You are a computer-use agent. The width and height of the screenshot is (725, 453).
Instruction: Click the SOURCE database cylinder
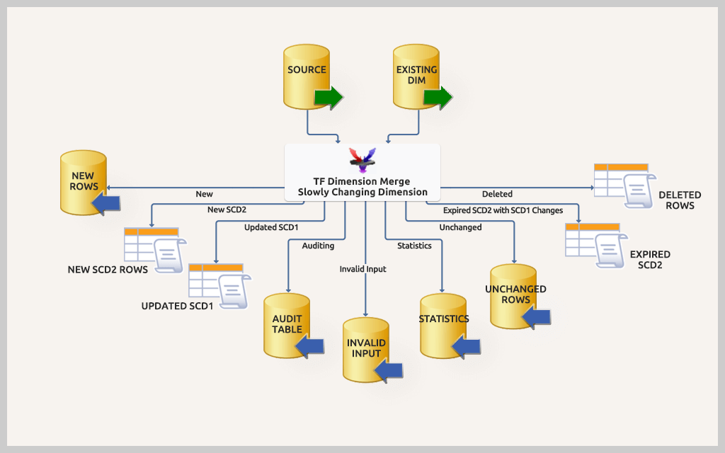(x=307, y=76)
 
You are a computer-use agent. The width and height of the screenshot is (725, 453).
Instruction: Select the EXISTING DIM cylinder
(x=416, y=76)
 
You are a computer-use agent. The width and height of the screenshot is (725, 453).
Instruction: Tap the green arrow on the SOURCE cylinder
(x=329, y=97)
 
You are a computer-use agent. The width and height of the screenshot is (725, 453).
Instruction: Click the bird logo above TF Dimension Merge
(x=362, y=160)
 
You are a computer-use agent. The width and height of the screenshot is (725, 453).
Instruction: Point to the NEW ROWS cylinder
(x=83, y=182)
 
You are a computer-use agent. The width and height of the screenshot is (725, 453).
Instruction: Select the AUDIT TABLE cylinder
(x=287, y=325)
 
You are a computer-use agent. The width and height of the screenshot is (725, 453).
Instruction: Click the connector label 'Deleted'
(x=497, y=194)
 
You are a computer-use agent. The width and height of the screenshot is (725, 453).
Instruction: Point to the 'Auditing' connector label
(x=318, y=246)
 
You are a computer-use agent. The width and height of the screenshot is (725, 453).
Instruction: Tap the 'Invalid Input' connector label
(x=362, y=269)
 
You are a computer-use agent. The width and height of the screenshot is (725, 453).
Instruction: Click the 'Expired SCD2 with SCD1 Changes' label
(x=503, y=210)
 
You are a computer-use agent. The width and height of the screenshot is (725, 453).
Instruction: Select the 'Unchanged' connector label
(x=460, y=227)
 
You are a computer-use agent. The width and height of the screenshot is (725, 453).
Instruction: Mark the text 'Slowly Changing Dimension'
(x=362, y=192)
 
